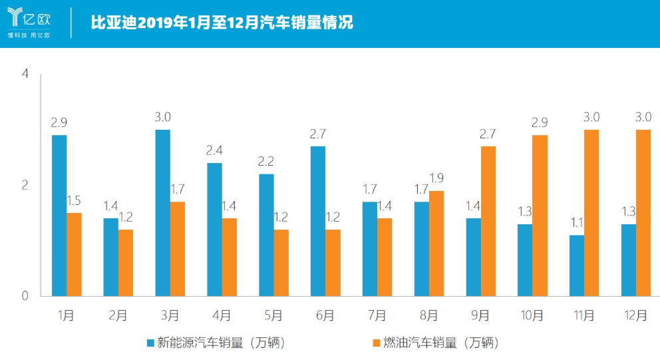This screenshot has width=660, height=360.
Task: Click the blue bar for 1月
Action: click(x=59, y=216)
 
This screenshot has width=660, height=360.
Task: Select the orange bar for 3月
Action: click(x=178, y=249)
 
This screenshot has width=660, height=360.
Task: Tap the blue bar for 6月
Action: click(x=318, y=221)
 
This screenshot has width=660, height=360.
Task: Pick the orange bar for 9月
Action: click(x=488, y=221)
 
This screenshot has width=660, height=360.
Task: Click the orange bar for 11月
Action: click(x=591, y=213)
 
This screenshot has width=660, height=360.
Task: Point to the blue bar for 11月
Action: click(x=577, y=266)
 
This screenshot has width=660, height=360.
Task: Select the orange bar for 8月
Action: click(x=436, y=244)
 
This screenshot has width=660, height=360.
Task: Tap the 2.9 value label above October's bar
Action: click(x=540, y=122)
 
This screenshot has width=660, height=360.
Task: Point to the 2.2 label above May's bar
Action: click(x=266, y=161)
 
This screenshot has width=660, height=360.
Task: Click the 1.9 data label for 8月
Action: click(x=436, y=178)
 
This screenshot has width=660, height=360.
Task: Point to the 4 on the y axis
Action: click(x=25, y=74)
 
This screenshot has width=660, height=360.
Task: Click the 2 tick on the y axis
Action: click(x=25, y=185)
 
